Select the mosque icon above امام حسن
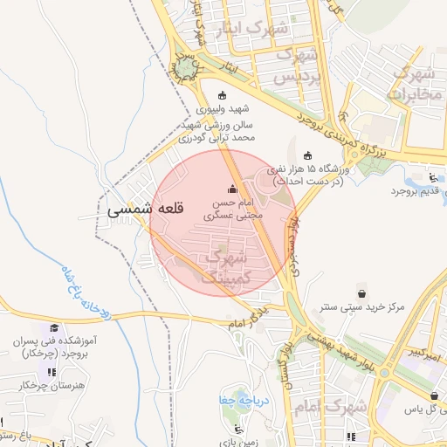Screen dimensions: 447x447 point(232,189)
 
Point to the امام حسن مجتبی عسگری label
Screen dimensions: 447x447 point(231,207)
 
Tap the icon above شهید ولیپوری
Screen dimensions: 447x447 point(221,96)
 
